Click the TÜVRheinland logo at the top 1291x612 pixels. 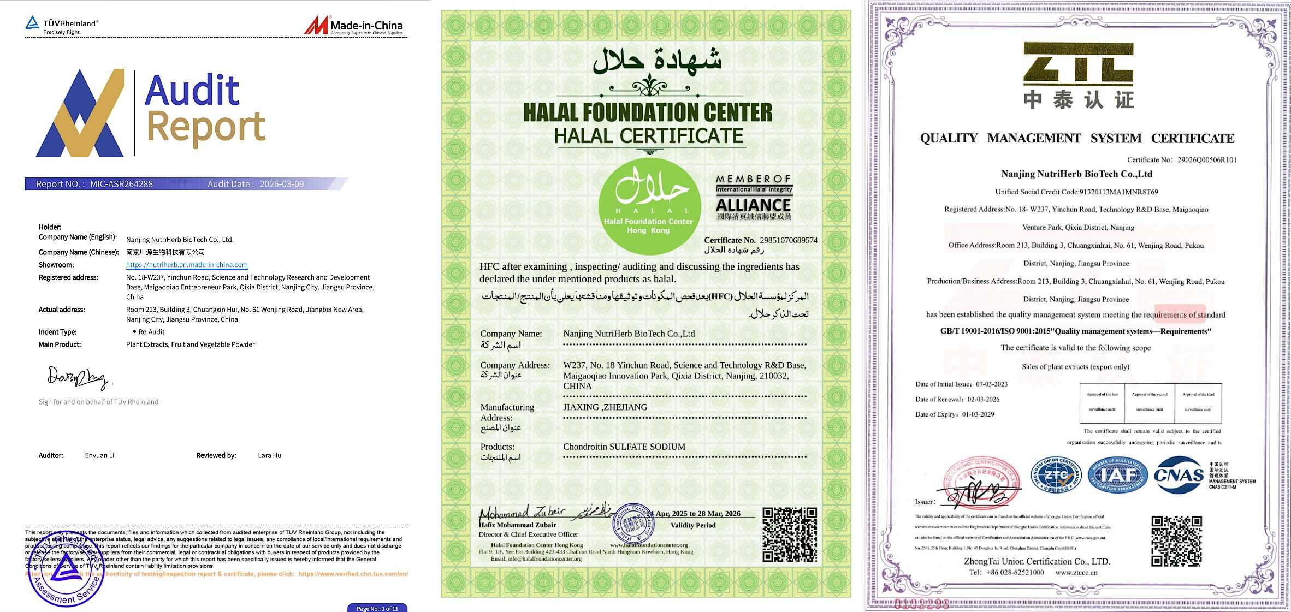tap(62, 24)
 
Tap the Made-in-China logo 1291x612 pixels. tap(353, 25)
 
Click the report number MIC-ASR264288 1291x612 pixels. tap(121, 185)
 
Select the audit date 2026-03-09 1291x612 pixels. tap(281, 185)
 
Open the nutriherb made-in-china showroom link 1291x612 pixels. tap(187, 265)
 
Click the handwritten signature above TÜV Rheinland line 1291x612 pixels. tap(78, 377)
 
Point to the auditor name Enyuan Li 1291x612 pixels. tap(99, 455)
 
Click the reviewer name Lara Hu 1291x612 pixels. tap(269, 455)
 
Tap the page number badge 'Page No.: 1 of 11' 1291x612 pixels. tap(377, 608)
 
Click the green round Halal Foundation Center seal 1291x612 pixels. tap(649, 206)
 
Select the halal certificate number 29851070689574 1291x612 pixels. tap(789, 240)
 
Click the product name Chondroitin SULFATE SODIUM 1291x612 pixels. tap(624, 447)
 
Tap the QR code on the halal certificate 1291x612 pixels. tap(790, 534)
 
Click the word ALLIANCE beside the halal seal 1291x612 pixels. tap(753, 205)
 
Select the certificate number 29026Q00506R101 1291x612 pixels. tap(1207, 160)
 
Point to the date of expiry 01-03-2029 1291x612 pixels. tap(978, 414)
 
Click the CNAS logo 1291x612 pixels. tap(1179, 475)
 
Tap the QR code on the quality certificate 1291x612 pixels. tap(1176, 541)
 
